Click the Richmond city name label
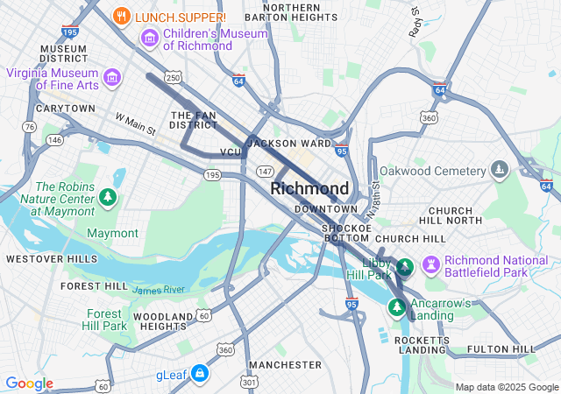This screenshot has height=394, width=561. pyautogui.click(x=309, y=188)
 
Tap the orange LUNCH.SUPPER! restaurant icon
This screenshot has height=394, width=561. pyautogui.click(x=123, y=16)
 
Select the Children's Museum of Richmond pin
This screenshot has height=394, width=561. pyautogui.click(x=148, y=39)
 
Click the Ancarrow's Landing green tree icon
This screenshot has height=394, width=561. pyautogui.click(x=397, y=307)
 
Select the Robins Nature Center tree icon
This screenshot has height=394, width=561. pyautogui.click(x=108, y=198)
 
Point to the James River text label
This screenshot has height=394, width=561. pyautogui.click(x=159, y=289)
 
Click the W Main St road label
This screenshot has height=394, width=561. pyautogui.click(x=135, y=123)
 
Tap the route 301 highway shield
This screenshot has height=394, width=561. pyautogui.click(x=249, y=382)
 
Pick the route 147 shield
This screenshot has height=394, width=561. pyautogui.click(x=264, y=170)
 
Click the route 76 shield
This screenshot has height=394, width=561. pyautogui.click(x=31, y=127)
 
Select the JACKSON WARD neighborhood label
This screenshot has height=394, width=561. pyautogui.click(x=290, y=143)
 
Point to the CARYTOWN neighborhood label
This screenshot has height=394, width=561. pyautogui.click(x=65, y=109)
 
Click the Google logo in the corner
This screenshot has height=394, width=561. pyautogui.click(x=29, y=383)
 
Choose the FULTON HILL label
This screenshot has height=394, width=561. pyautogui.click(x=501, y=349)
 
